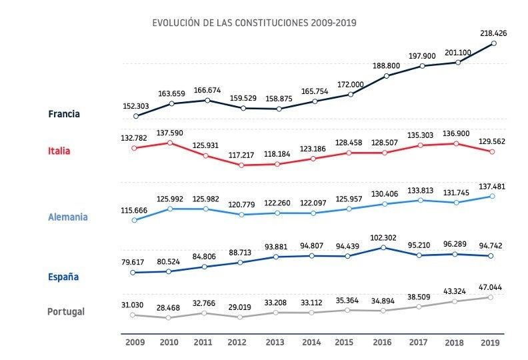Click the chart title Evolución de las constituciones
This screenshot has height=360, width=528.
254,23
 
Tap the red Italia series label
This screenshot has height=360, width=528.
59,151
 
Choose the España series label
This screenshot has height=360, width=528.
65,276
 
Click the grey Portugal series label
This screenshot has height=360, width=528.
66,311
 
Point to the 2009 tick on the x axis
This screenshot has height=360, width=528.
135,342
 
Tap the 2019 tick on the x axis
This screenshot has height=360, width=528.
491,342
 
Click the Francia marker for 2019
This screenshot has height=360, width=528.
493,44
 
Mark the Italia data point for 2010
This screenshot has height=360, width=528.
171,142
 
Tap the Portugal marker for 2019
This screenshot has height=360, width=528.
491,297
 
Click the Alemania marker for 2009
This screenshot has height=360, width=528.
135,219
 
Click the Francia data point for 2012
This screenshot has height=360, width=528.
243,108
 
